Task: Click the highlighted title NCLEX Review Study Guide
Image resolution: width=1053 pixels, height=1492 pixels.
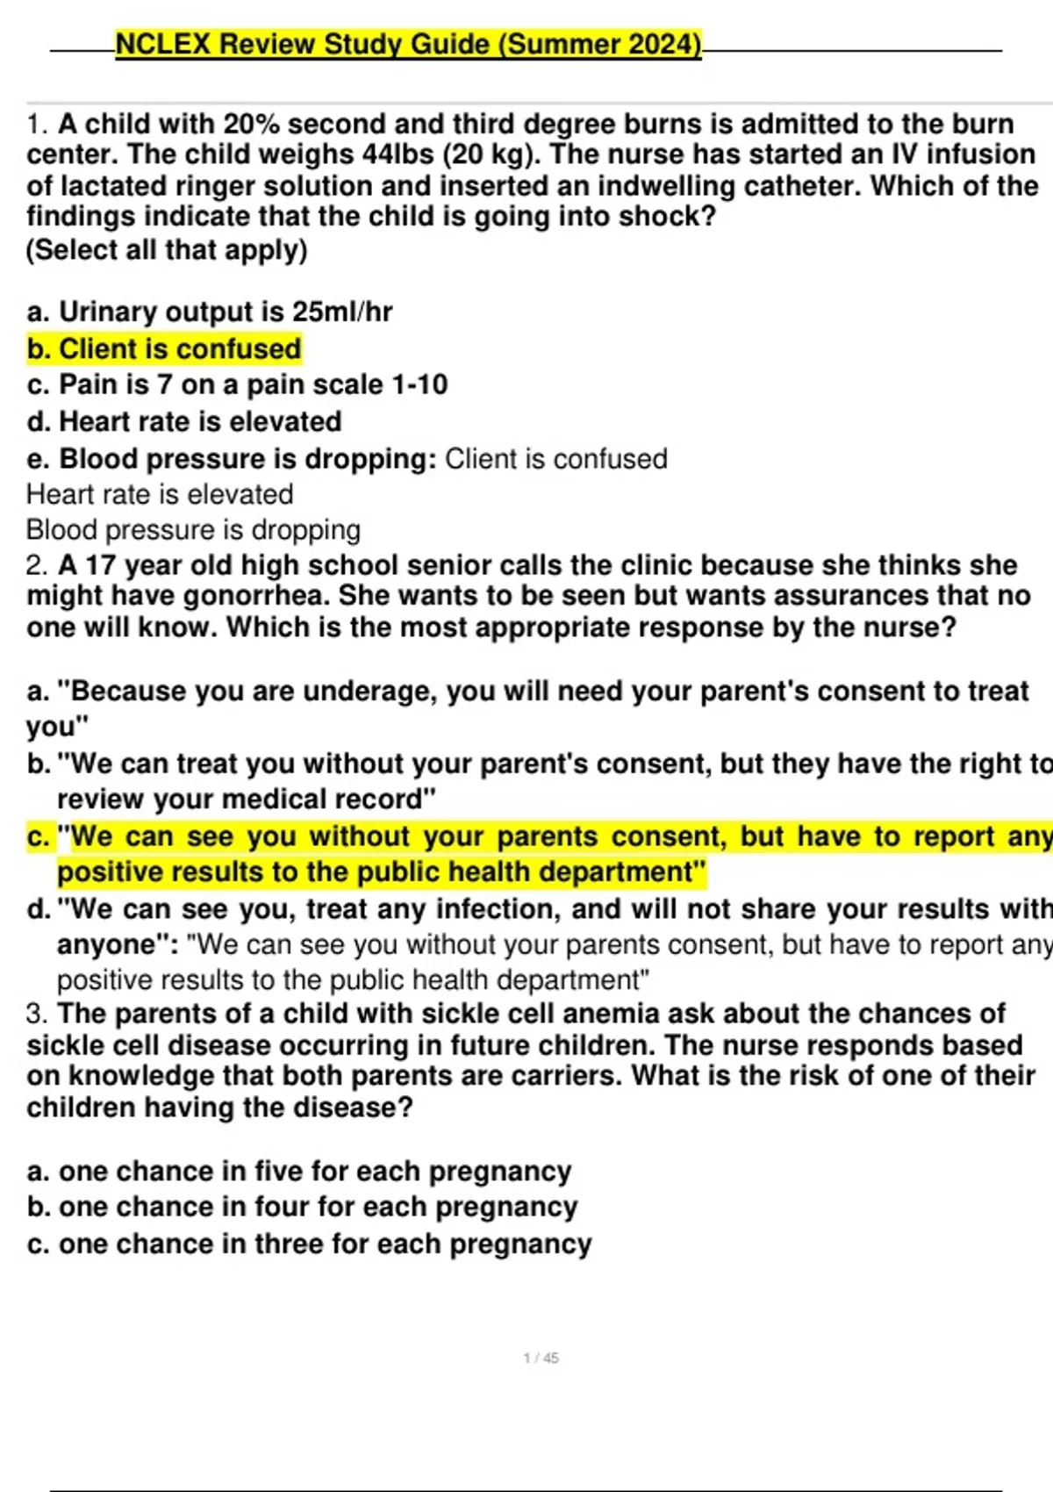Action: click(x=408, y=44)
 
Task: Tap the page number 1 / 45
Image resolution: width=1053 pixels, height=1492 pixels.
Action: click(x=541, y=1358)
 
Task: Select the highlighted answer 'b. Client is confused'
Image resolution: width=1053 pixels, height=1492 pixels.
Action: click(x=164, y=349)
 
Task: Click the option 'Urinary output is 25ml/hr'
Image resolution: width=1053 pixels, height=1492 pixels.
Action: click(x=211, y=312)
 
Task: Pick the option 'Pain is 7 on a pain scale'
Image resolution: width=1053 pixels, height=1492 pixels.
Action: click(x=238, y=384)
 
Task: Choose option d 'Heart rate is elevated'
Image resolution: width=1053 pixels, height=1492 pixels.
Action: click(x=184, y=421)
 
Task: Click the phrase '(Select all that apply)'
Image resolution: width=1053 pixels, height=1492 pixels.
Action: click(x=167, y=250)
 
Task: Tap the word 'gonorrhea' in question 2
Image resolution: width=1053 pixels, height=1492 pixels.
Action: click(x=254, y=596)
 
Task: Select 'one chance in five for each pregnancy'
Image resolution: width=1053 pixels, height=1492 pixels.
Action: click(x=299, y=1171)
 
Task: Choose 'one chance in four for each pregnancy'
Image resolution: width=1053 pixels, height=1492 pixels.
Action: click(x=303, y=1207)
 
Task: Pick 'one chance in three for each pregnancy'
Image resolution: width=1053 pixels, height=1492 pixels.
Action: click(x=310, y=1244)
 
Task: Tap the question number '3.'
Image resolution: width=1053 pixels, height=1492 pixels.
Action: click(x=37, y=1014)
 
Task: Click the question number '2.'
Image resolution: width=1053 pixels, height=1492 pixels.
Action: click(x=37, y=565)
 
